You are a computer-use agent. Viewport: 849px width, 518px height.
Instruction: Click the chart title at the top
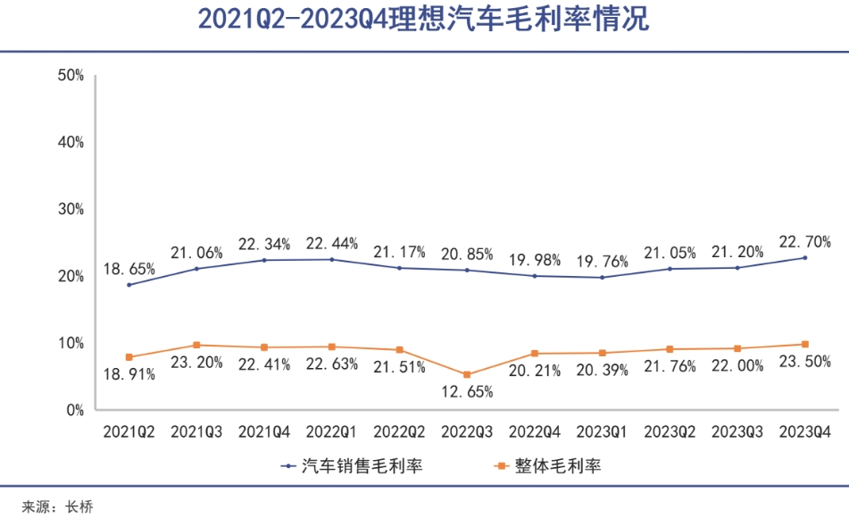click(423, 20)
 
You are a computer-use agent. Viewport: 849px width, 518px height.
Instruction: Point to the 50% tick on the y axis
click(71, 75)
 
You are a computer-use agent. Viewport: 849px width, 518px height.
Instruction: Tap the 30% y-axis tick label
click(71, 209)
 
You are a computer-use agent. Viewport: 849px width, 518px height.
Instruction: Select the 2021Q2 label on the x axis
click(129, 432)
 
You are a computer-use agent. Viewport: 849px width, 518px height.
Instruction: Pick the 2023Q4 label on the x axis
click(804, 432)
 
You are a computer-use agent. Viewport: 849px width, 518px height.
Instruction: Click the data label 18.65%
click(129, 267)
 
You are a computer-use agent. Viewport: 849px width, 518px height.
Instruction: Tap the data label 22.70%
click(804, 241)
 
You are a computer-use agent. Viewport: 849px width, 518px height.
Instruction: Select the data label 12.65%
click(466, 391)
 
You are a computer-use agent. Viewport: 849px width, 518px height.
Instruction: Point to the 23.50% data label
click(804, 362)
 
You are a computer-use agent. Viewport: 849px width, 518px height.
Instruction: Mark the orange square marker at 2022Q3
click(467, 374)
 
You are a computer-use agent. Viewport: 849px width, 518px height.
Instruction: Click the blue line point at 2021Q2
click(129, 285)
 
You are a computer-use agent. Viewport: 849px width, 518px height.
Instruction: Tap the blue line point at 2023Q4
click(804, 258)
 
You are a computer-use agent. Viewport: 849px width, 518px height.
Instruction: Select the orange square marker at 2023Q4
click(804, 344)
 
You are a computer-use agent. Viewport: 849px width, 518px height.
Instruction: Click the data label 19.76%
click(602, 262)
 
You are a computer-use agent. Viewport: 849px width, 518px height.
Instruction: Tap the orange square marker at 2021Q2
click(129, 357)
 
